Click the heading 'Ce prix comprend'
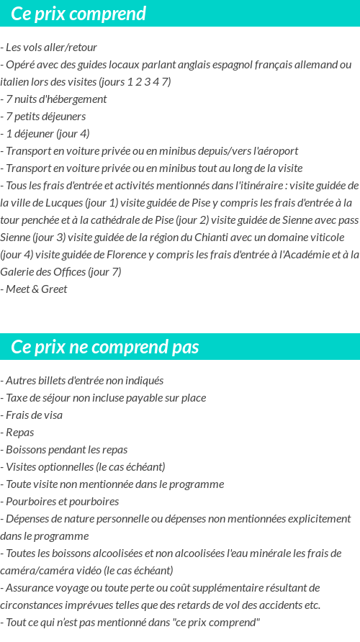coord(78,14)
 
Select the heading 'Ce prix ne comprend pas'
coord(104,347)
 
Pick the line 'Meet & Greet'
coord(36,289)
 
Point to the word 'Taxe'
coord(17,398)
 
